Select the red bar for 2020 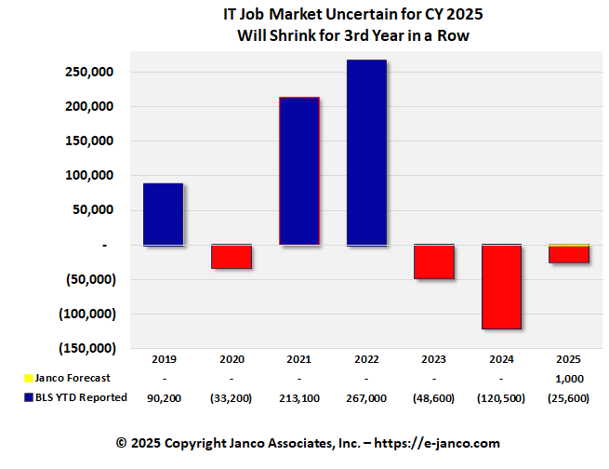[x=231, y=256]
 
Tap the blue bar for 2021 [x=299, y=171]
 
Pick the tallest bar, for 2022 [x=366, y=153]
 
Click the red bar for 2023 [x=434, y=261]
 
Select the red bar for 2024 [x=501, y=287]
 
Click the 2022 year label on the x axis [x=366, y=358]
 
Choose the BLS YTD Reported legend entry [x=74, y=398]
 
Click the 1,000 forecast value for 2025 [x=569, y=378]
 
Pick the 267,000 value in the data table [x=366, y=398]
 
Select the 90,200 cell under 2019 [x=163, y=398]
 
